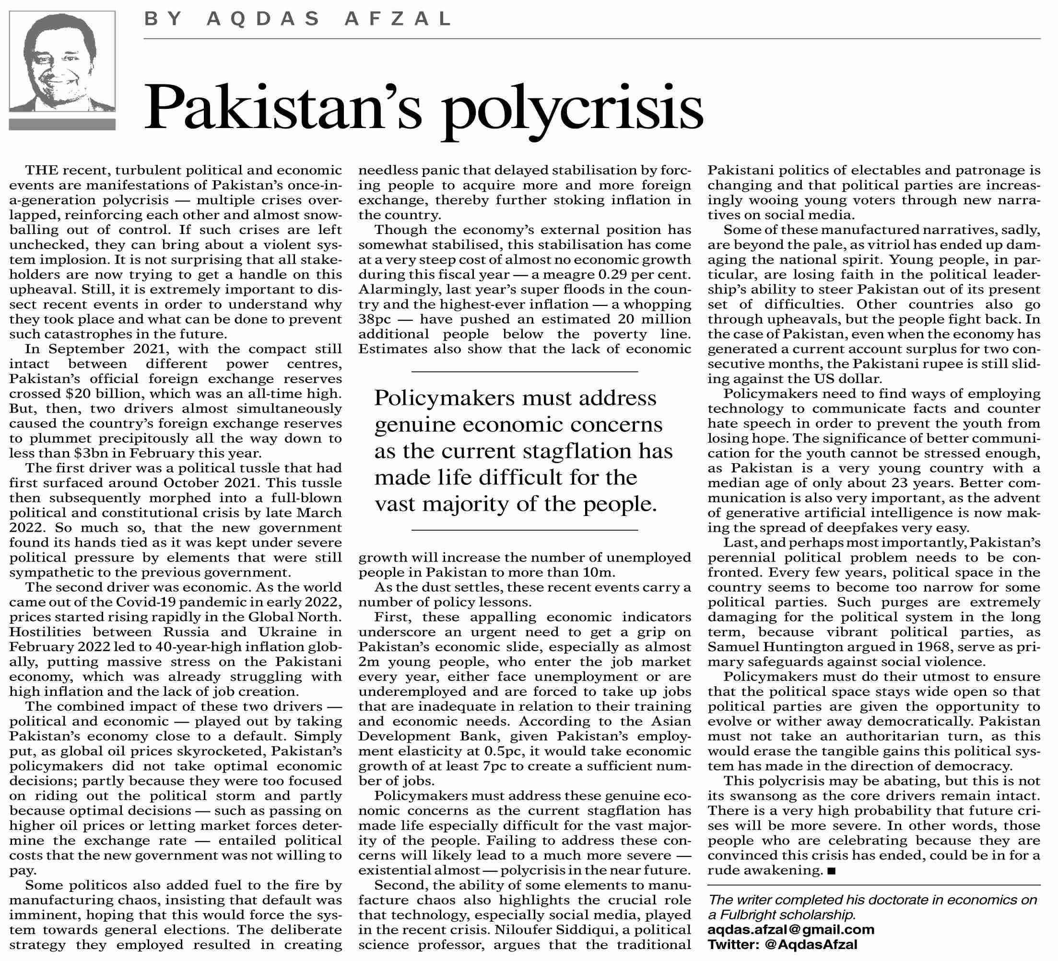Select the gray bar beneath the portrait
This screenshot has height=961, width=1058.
coord(62,124)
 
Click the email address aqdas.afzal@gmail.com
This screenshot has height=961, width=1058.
coord(791,929)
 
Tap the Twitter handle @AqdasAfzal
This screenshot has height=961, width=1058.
coord(811,945)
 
